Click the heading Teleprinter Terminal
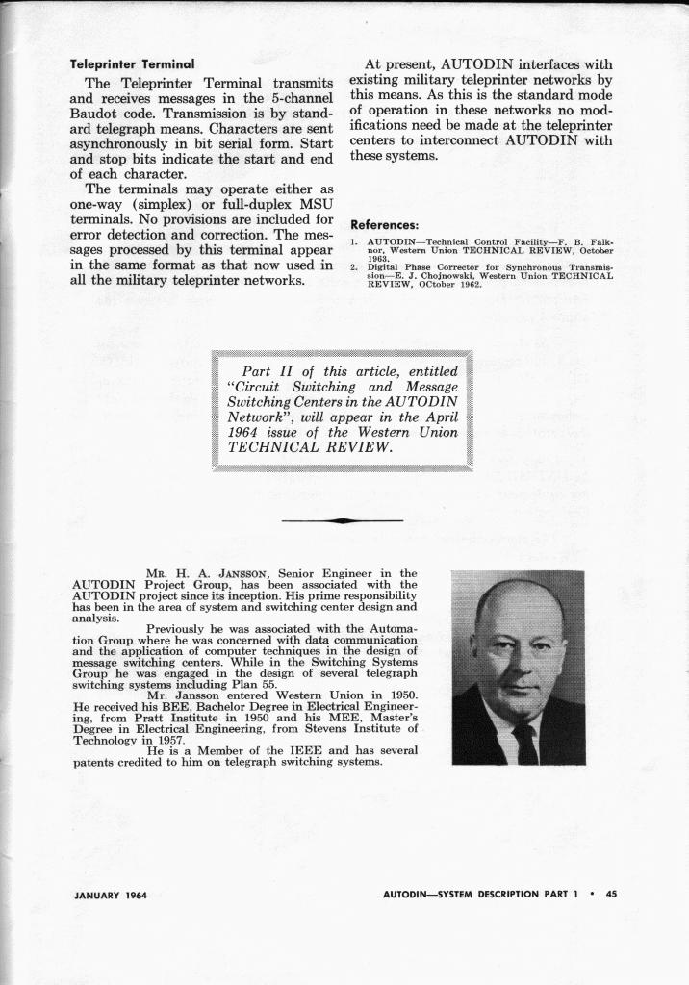coord(132,63)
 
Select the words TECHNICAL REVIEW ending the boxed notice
coord(310,447)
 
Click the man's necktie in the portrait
coord(525,742)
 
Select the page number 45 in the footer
coord(610,895)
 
